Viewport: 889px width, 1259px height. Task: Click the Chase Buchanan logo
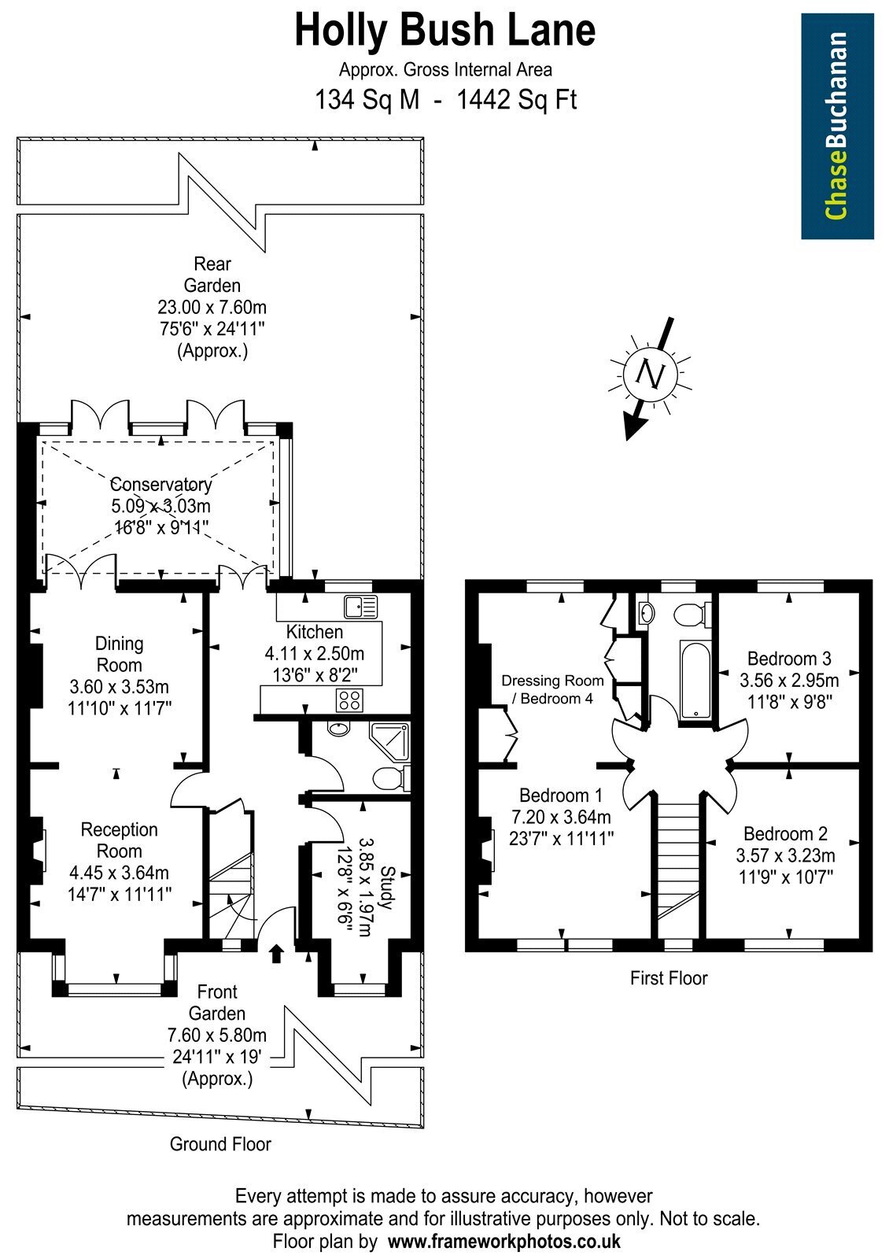pos(837,126)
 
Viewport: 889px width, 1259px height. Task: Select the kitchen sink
pos(361,607)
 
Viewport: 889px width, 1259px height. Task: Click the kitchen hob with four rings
pos(349,700)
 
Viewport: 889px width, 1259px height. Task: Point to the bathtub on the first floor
pos(695,680)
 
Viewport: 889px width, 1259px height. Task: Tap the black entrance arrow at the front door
pos(276,954)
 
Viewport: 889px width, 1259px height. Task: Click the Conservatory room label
pos(161,484)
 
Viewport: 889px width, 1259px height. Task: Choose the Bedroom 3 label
pos(789,658)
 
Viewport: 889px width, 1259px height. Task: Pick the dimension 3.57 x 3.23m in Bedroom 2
pos(785,855)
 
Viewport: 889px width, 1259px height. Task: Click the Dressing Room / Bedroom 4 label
pos(552,689)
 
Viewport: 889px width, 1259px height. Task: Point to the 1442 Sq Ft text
pos(516,100)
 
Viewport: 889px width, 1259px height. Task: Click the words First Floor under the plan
pos(668,978)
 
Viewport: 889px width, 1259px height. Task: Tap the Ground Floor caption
pos(220,1144)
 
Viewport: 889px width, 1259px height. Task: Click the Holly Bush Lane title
pos(444,31)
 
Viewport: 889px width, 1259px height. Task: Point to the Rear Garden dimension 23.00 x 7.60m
pos(212,308)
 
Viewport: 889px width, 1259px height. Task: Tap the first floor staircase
pos(678,870)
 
